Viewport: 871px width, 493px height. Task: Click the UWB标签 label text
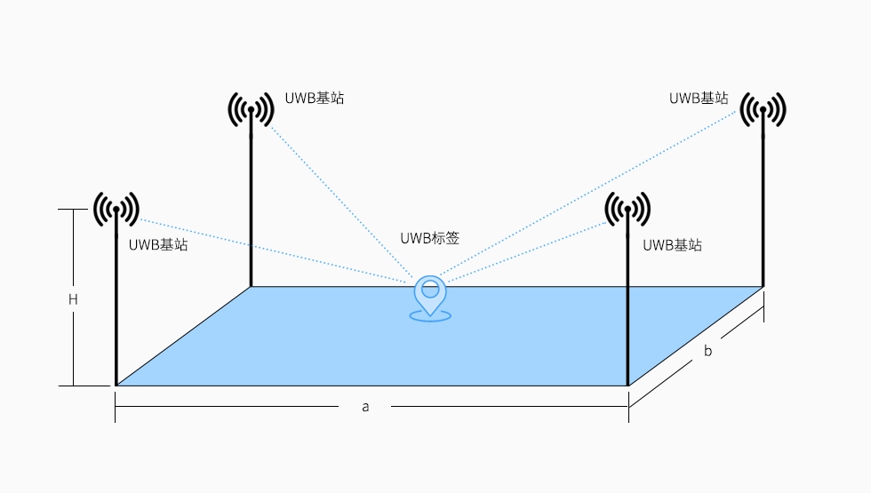click(x=429, y=238)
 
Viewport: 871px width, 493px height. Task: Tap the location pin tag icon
click(x=430, y=297)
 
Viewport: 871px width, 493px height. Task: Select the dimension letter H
click(x=73, y=300)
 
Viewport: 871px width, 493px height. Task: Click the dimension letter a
click(x=364, y=406)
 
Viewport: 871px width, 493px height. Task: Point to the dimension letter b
click(x=707, y=351)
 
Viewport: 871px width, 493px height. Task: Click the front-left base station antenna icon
click(x=116, y=210)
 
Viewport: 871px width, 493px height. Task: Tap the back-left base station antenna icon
click(x=251, y=110)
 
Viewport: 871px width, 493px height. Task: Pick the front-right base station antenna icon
click(x=627, y=210)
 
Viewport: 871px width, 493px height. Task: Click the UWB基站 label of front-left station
click(x=158, y=245)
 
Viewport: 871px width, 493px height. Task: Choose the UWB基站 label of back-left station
click(x=315, y=99)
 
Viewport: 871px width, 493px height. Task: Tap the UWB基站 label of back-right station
click(x=699, y=99)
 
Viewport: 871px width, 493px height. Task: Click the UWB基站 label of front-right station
click(x=672, y=245)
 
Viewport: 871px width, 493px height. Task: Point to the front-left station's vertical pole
click(x=116, y=311)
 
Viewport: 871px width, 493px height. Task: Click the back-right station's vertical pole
click(x=763, y=204)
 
